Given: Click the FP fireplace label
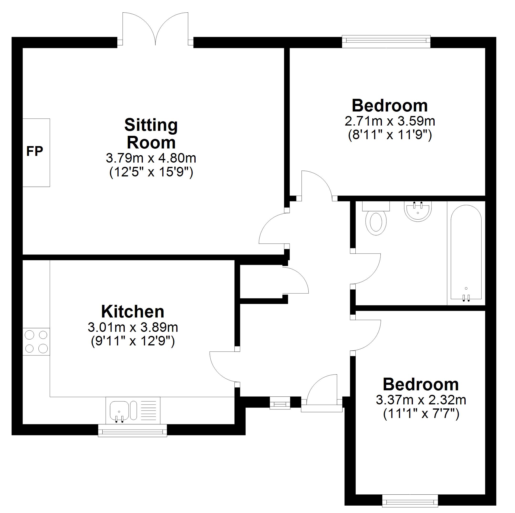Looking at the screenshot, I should coord(35,152).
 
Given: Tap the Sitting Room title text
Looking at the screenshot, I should coord(151,134).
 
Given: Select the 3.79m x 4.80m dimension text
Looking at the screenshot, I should coord(151,158).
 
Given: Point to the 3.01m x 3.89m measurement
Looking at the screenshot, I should coord(133,327).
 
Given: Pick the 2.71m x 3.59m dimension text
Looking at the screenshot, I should coord(390,121).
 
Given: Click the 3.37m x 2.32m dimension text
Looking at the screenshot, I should coord(421,400).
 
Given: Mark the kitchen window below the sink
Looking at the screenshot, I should coord(132,431).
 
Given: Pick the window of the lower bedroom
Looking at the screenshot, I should coord(410,501).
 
